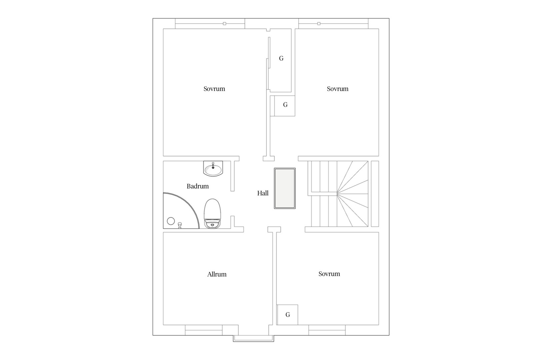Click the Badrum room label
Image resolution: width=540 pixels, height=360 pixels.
tap(198, 186)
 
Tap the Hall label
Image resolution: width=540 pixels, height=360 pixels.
tap(263, 193)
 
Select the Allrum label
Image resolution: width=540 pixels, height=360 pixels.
tap(217, 274)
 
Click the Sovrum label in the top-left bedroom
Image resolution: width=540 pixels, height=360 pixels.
tap(214, 89)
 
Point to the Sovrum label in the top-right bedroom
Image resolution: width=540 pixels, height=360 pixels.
tap(337, 89)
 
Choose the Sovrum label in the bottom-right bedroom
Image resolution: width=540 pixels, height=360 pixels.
tap(329, 274)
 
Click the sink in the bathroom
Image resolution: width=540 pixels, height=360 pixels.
tap(213, 169)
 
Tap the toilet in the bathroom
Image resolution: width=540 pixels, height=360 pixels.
tap(212, 214)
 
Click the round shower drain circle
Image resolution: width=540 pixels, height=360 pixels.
tap(171, 221)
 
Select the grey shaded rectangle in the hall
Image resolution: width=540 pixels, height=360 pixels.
tap(285, 188)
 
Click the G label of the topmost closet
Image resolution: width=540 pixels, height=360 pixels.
tap(281, 58)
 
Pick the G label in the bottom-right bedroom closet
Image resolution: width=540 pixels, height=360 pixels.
tap(288, 315)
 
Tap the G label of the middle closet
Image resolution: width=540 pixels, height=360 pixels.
tap(285, 105)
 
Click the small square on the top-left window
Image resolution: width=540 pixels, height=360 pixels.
tap(224, 24)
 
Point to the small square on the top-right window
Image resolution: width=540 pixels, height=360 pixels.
tap(319, 24)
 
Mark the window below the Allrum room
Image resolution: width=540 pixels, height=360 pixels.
tap(204, 330)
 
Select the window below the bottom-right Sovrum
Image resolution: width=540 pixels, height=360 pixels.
tap(327, 330)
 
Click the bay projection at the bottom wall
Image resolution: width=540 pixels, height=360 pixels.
tap(253, 339)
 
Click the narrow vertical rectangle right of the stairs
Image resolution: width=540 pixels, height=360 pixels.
tap(375, 194)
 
